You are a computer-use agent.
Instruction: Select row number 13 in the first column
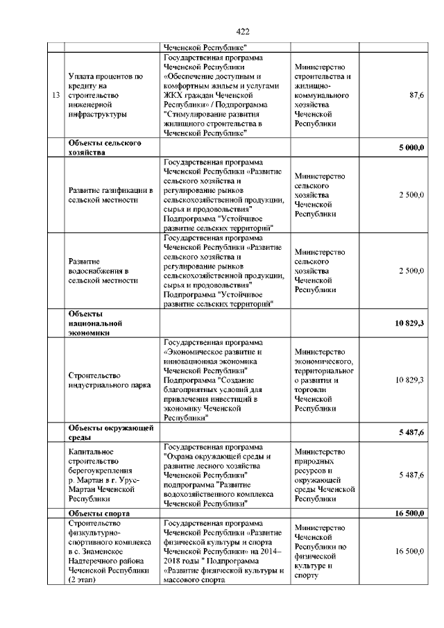tap(55, 94)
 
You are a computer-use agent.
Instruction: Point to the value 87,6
tap(417, 94)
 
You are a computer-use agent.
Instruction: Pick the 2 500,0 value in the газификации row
tap(411, 195)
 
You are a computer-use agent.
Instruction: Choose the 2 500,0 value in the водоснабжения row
tap(411, 271)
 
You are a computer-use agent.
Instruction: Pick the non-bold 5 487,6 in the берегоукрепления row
tap(411, 475)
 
